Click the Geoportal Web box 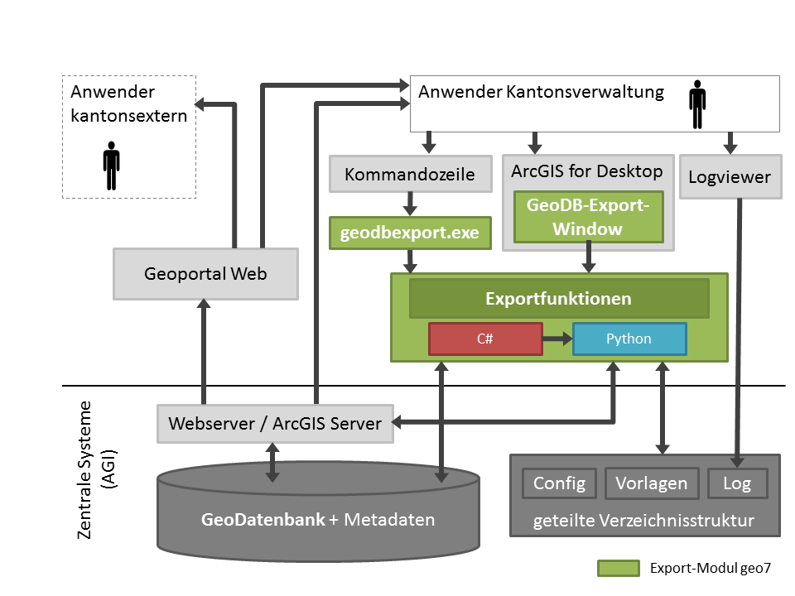[205, 273]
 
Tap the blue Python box [629, 339]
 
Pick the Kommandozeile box [410, 174]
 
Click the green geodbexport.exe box [410, 233]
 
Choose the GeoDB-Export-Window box [588, 216]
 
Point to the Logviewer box [730, 176]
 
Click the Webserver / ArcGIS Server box [276, 423]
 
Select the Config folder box [559, 483]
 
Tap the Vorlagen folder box [651, 483]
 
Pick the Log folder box [737, 483]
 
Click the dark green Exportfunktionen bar [559, 299]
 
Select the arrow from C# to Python [557, 339]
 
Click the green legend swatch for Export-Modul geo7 [618, 568]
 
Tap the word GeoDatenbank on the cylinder [263, 521]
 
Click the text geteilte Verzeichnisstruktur [643, 521]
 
